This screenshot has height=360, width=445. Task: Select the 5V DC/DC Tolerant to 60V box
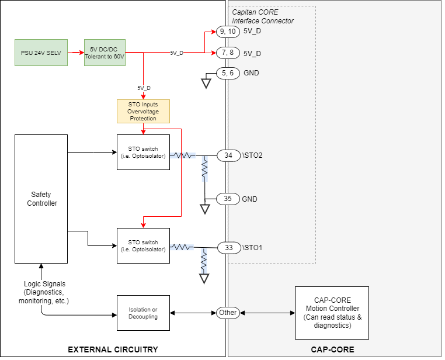(x=105, y=53)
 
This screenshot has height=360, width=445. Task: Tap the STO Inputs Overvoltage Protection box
(x=143, y=111)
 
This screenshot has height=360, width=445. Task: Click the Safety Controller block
(x=41, y=199)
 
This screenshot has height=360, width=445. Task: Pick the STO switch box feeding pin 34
(x=143, y=152)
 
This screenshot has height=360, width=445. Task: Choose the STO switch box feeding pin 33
(x=143, y=245)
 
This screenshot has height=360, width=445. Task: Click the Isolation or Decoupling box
(x=143, y=313)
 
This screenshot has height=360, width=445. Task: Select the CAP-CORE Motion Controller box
(x=332, y=313)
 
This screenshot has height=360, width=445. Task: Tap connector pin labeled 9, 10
(x=228, y=32)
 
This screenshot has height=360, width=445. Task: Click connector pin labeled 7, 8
(x=228, y=53)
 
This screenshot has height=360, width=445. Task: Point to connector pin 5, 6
(x=228, y=73)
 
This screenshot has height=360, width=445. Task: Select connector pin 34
(x=228, y=155)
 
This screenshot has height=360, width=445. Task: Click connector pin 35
(x=228, y=199)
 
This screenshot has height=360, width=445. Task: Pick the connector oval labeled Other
(x=228, y=313)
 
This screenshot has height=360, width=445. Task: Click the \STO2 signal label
(x=252, y=155)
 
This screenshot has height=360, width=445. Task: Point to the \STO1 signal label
(x=252, y=248)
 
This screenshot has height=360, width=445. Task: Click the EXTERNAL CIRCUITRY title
(x=113, y=349)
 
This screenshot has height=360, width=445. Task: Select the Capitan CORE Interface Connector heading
(x=263, y=16)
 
